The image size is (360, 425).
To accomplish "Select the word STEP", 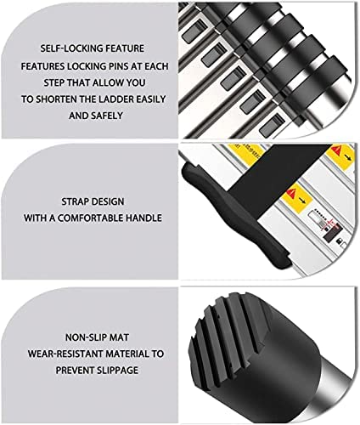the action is coord(53,82).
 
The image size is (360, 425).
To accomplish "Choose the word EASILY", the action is coord(151,99).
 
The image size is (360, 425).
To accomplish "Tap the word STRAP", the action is coord(74,201).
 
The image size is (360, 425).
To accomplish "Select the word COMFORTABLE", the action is coord(90,218).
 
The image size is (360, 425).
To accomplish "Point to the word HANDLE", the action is coord(143,218).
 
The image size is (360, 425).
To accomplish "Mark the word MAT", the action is coord(120,337).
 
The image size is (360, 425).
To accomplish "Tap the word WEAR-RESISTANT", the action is coord(65,354).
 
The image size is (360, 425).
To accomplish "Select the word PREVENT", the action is coord(74,371).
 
